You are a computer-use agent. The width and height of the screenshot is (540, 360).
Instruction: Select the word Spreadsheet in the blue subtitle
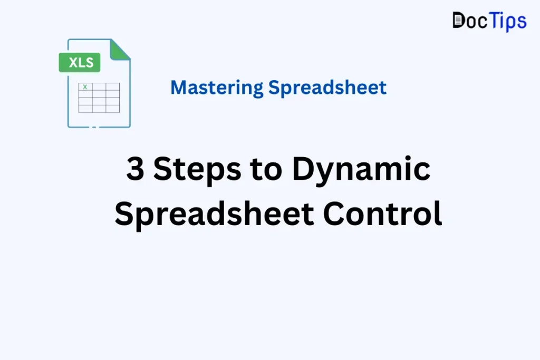(327, 87)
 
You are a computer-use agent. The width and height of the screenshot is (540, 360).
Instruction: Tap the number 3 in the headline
(136, 170)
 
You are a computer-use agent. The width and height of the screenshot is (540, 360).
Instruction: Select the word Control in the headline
(382, 214)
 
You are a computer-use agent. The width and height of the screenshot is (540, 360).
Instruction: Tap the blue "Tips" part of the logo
(507, 21)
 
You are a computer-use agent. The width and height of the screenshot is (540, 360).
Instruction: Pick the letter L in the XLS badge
(81, 63)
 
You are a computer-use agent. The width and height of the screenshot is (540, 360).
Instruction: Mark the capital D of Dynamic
(303, 170)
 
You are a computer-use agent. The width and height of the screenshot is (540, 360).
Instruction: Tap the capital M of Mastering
(179, 87)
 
